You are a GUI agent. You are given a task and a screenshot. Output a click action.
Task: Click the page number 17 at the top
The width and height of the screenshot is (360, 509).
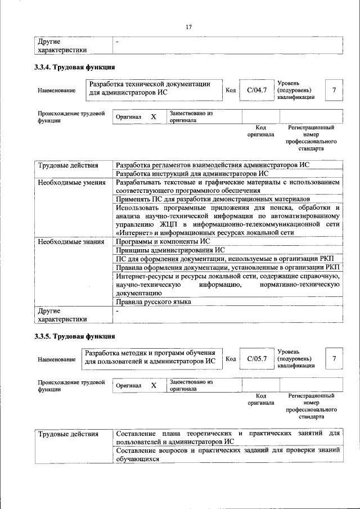tap(188, 26)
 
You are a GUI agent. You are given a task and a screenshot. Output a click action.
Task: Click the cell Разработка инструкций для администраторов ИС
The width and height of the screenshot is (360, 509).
tap(192, 174)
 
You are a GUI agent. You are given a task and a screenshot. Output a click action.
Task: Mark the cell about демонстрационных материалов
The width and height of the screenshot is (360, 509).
tap(213, 199)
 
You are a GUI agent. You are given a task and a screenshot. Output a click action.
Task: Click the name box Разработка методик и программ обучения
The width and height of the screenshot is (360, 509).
tap(150, 358)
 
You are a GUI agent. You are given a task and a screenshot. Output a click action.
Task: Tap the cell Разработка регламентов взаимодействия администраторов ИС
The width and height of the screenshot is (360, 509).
tap(213, 165)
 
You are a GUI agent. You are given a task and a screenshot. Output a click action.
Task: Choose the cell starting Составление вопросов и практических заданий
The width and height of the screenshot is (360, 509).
tap(228, 454)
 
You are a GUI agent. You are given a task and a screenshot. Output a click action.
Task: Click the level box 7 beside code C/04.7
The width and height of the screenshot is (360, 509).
tap(334, 90)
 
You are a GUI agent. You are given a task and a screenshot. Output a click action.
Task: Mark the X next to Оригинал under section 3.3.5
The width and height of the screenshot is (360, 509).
tap(153, 385)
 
